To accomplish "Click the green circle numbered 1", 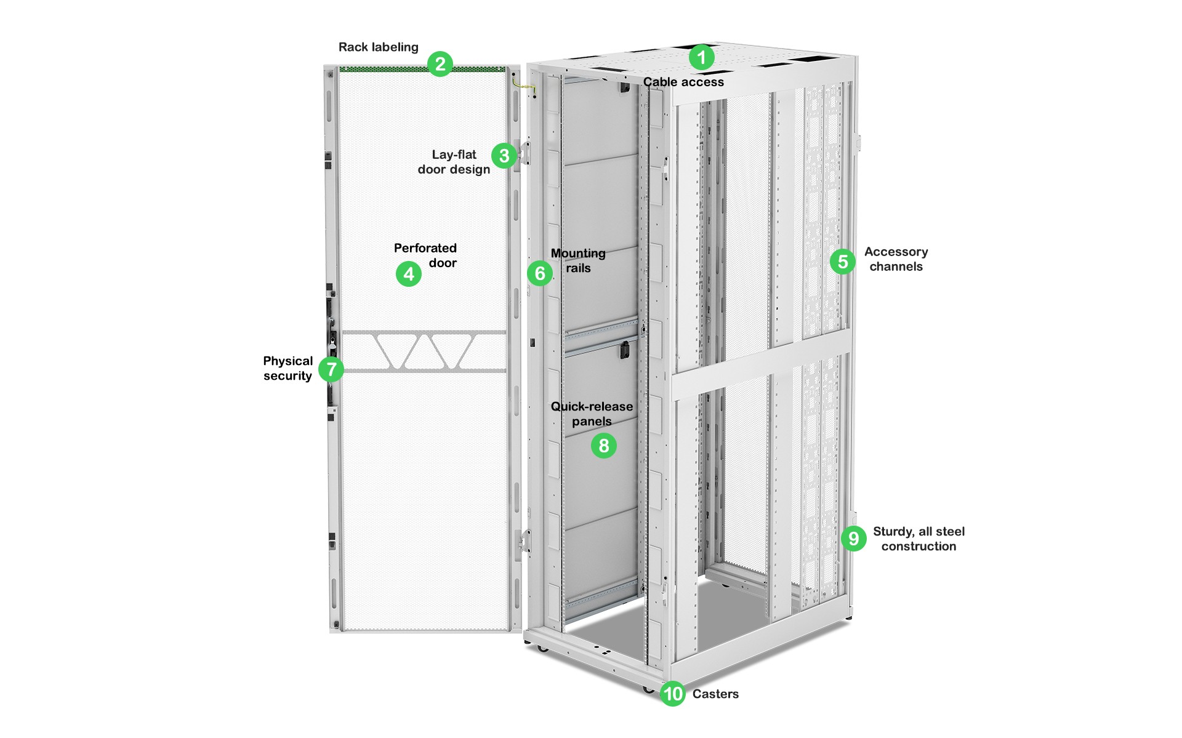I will [x=701, y=58].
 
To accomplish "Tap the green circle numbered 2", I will [x=440, y=64].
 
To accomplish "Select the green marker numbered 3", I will [x=504, y=156].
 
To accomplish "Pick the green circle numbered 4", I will [x=409, y=274].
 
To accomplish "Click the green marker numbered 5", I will [x=843, y=262].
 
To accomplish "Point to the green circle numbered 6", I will [x=540, y=273].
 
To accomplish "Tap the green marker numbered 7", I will [x=331, y=369].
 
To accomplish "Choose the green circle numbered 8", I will [x=604, y=446].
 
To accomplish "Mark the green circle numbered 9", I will [x=854, y=539].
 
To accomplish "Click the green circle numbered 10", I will [x=673, y=694].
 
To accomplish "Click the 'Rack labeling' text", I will [x=378, y=47].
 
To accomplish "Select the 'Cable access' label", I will [x=683, y=82].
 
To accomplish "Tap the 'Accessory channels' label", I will [x=896, y=259].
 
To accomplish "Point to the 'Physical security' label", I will [x=287, y=368].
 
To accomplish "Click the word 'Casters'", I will [x=715, y=694].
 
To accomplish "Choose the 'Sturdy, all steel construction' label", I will [x=919, y=539].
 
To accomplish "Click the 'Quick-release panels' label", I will [x=592, y=414].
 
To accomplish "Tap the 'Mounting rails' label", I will [x=578, y=260].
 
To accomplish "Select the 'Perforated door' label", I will [x=425, y=255].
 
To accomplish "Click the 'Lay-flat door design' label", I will [x=454, y=162].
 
